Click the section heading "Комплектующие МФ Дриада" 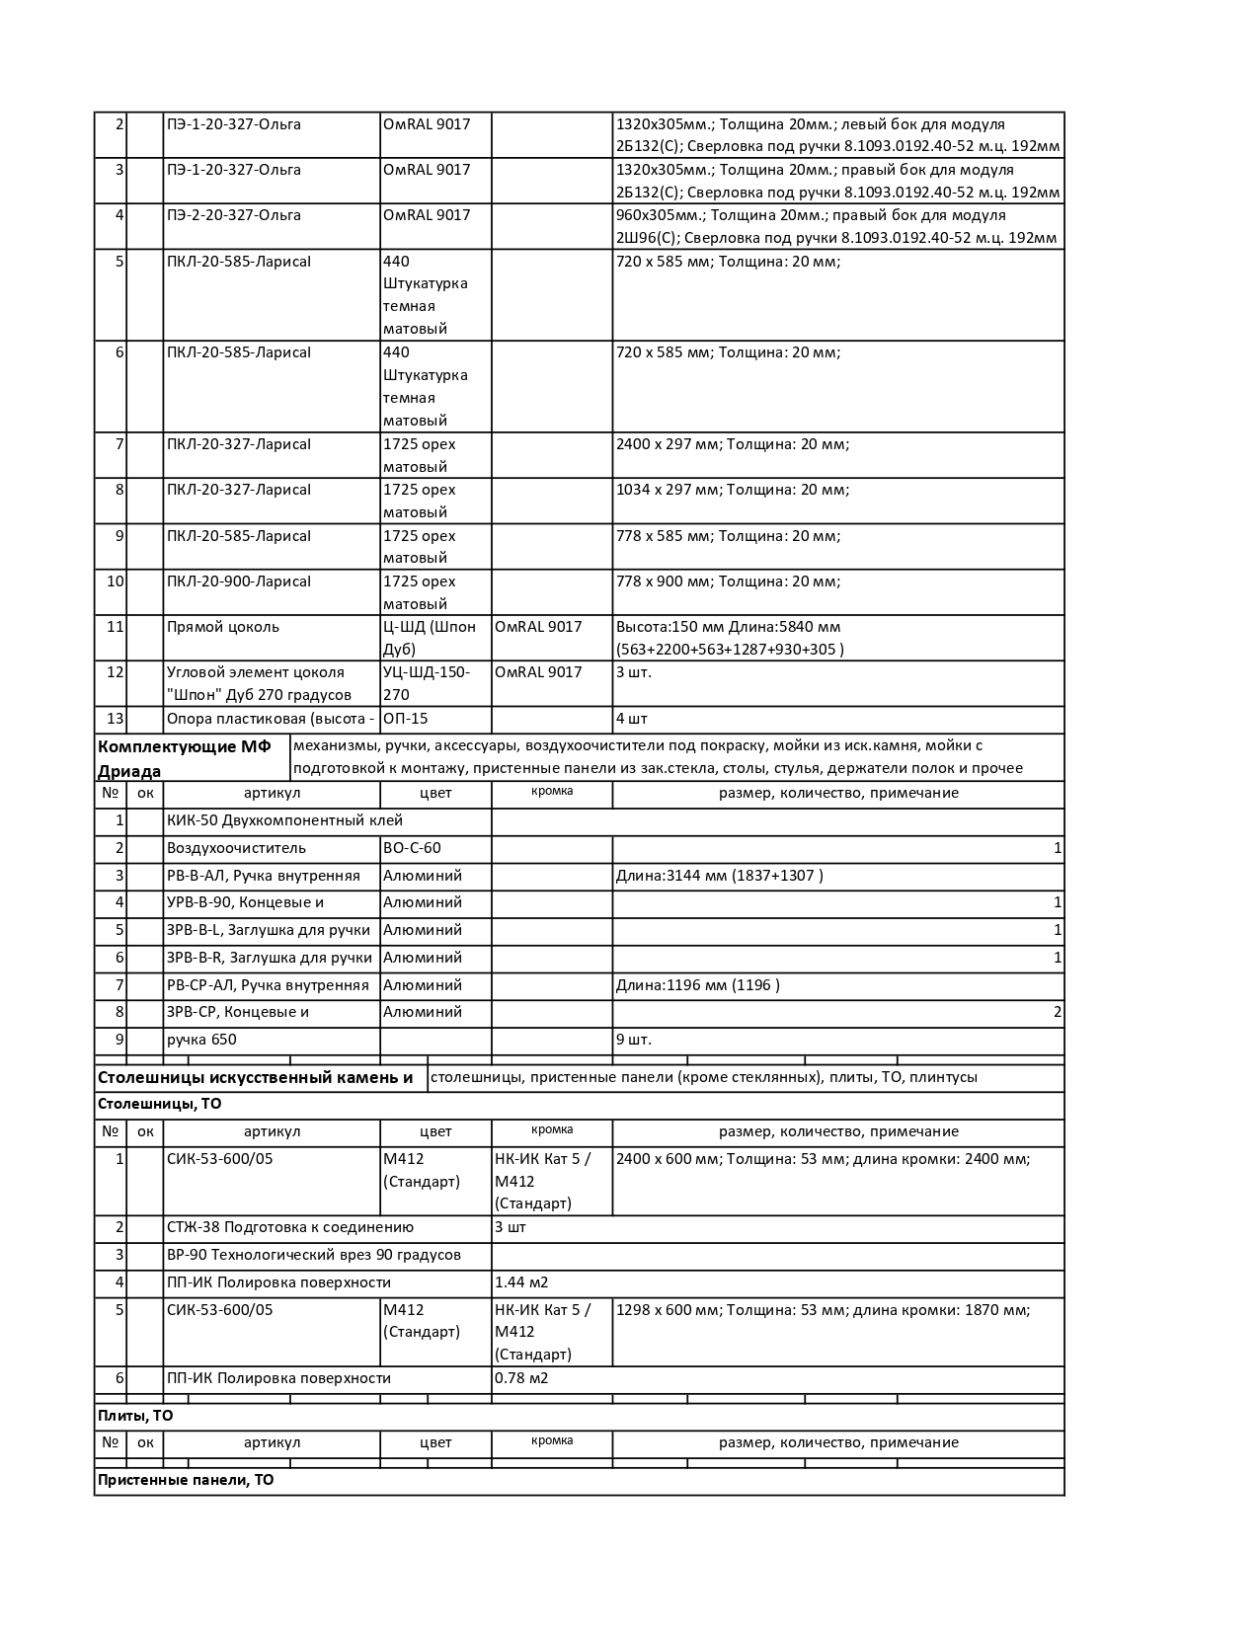184,757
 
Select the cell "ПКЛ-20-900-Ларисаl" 239,582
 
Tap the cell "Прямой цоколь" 223,627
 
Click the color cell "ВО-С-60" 412,848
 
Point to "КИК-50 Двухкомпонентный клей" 284,820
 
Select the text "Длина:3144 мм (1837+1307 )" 719,876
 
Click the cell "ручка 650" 201,1040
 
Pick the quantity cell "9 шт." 634,1040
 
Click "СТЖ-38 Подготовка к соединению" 290,1227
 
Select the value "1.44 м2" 521,1282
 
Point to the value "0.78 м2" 521,1378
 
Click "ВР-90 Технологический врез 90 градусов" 314,1255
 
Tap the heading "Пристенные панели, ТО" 186,1480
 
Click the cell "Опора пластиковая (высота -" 271,719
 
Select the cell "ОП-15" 406,719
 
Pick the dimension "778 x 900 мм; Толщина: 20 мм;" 728,582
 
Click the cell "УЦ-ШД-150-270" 427,683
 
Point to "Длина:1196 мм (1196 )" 697,985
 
